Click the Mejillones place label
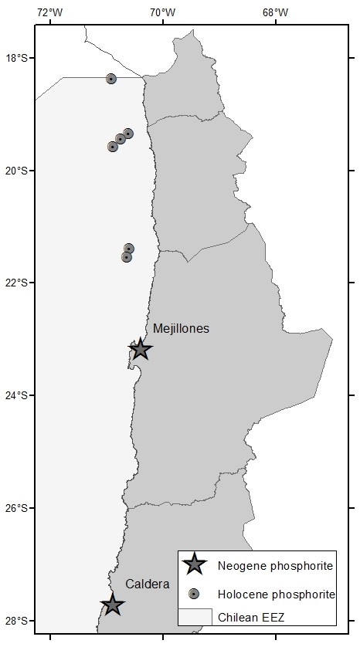[181, 328]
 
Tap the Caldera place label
[147, 584]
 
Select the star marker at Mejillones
[140, 349]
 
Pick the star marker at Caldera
[113, 605]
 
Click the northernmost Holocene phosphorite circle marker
[111, 79]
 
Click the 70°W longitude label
[162, 12]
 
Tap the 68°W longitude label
[275, 12]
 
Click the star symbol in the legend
[195, 565]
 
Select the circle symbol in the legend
[195, 593]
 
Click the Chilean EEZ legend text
[250, 617]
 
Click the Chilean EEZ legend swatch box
[195, 616]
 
